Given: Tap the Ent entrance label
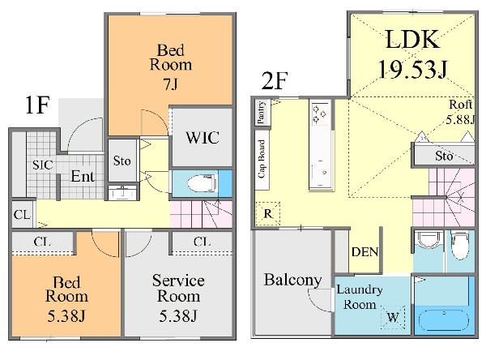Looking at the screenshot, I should pos(83,176).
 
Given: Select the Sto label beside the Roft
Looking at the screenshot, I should pos(443,156).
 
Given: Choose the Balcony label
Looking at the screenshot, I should pos(292,281).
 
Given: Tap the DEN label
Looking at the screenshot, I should pos(364,253).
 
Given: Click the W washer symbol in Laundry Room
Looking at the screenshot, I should pos(392,317).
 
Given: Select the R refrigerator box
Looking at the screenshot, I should pos(267,214).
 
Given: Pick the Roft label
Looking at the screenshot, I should pos(462,104).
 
